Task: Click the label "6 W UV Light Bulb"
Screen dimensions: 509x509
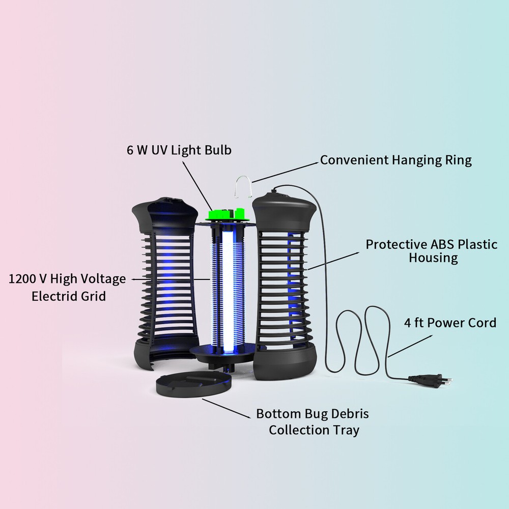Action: coord(179,150)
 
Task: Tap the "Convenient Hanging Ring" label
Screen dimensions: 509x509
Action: coord(395,160)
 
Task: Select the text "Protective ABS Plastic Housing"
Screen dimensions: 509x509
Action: coord(432,250)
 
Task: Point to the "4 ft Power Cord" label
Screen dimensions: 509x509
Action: coord(450,323)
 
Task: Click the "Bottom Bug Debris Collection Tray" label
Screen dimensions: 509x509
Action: coord(313,421)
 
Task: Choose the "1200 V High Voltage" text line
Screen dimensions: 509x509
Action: coord(67,279)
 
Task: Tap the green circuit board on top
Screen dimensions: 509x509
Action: coord(227,214)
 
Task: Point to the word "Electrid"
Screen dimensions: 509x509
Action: coord(54,296)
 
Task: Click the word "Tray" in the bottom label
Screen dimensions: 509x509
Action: coord(346,430)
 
